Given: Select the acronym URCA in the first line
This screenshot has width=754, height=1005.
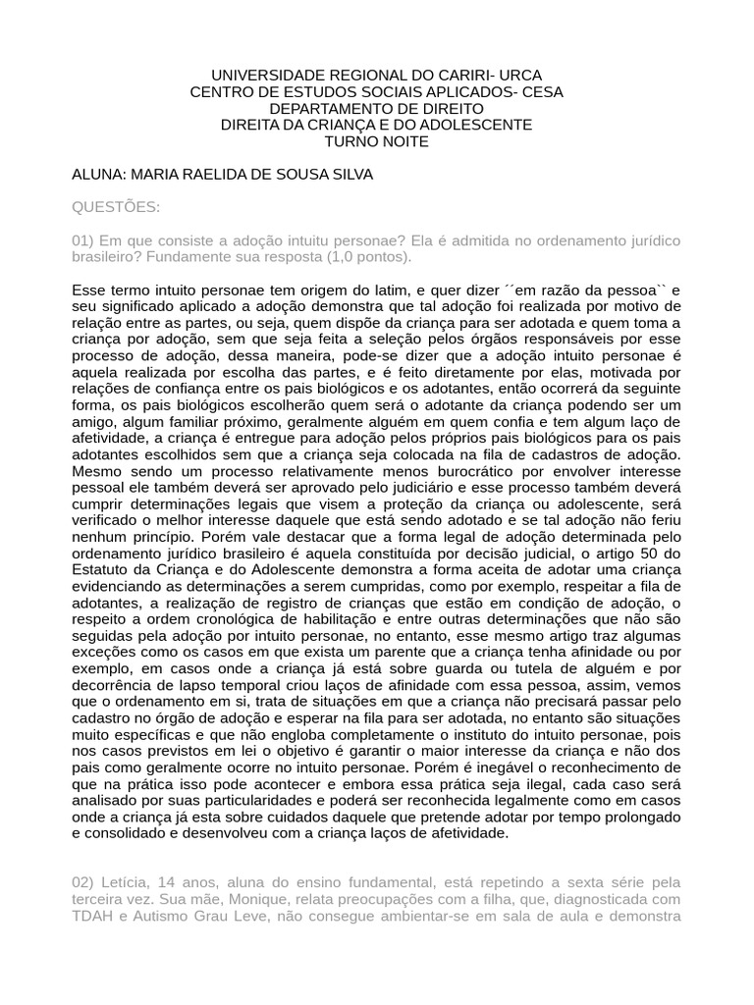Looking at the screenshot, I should coord(519,76).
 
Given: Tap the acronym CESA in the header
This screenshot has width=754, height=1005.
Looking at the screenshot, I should coord(542,92).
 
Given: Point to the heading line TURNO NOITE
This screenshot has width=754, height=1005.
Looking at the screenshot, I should coord(377,141).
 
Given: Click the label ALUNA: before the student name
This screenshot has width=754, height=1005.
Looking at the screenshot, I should coord(98,175).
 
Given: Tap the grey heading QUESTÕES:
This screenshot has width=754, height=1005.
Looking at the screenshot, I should coord(116,207).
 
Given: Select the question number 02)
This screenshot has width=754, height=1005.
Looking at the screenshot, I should coord(83,883).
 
